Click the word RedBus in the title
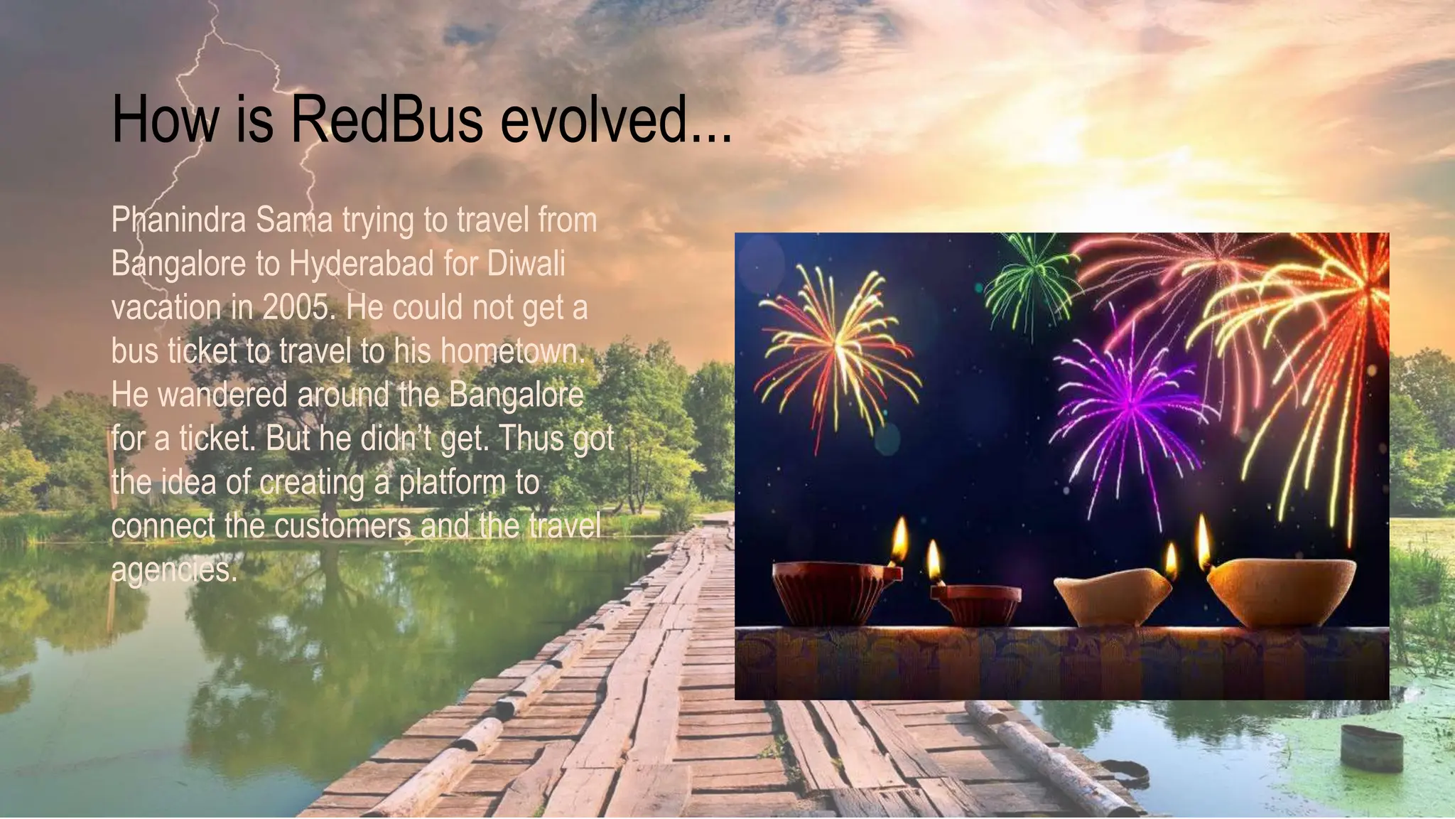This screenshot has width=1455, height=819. pos(386,119)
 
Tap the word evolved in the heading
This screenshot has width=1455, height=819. pos(615,119)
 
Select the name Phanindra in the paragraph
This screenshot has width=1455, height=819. pos(178,220)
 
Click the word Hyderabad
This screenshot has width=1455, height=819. pos(361,264)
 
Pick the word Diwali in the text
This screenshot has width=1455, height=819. pos(526,264)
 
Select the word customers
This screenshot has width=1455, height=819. pos(342,527)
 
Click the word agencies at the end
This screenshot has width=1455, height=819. pos(173,570)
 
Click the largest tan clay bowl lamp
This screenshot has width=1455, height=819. pos(1280,591)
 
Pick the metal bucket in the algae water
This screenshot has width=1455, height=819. pos(1371,748)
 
